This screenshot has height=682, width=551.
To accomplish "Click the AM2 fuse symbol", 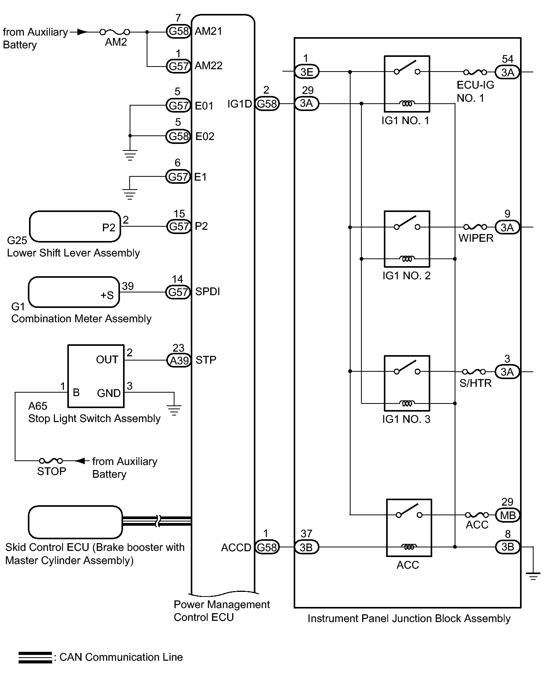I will (115, 32).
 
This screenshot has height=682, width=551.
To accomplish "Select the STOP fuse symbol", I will (51, 461).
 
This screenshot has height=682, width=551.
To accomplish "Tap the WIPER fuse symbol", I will (475, 227).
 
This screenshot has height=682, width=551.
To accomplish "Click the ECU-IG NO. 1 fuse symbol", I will (475, 72).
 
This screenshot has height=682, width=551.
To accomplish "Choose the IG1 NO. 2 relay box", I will (407, 239).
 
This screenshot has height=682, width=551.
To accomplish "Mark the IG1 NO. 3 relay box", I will (407, 383).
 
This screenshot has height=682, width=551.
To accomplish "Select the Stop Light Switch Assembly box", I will (96, 376).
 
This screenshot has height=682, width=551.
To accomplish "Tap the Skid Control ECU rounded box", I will (75, 522).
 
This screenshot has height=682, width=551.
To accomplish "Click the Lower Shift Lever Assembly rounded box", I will (75, 226).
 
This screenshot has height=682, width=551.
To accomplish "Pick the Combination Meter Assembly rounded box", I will (74, 292).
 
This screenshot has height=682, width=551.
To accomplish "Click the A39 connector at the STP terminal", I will (179, 361).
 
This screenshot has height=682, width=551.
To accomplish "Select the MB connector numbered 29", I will (507, 515).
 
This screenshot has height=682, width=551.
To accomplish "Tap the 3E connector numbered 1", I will (306, 72).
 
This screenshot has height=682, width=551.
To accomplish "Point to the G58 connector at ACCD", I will (267, 547).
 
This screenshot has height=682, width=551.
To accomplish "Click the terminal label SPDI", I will (207, 292).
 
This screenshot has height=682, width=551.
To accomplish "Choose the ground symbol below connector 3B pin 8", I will (533, 576).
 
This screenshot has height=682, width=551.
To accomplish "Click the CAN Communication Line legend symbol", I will (35, 657).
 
